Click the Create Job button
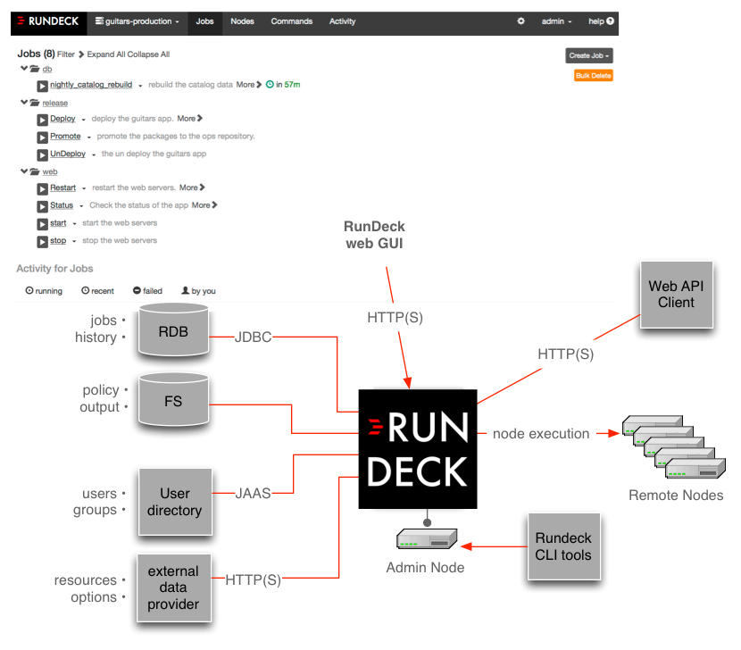click(589, 55)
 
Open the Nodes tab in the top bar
click(242, 21)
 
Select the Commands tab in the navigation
click(291, 21)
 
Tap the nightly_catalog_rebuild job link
click(91, 85)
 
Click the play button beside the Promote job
click(42, 137)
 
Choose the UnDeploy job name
click(68, 154)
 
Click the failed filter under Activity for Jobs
click(147, 291)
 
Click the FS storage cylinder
click(173, 401)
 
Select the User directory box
click(175, 502)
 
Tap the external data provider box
click(173, 587)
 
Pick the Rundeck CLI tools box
click(563, 546)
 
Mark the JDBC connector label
click(253, 337)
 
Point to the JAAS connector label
click(253, 492)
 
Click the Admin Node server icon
click(426, 539)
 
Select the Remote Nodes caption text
click(676, 496)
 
